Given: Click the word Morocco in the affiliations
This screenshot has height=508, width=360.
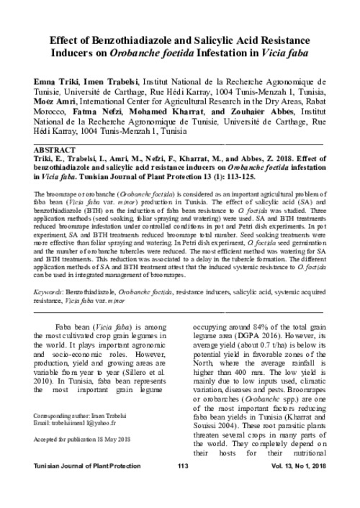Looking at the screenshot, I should [52, 112].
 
